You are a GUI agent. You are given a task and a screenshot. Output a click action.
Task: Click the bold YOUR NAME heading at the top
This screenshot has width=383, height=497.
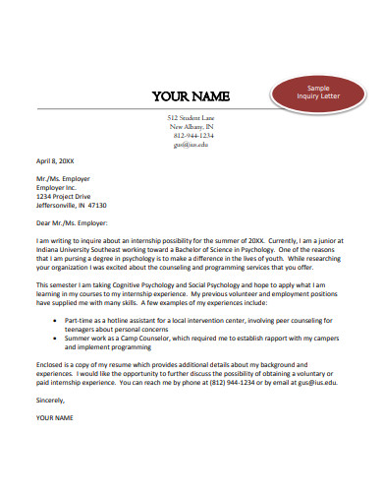tap(191, 96)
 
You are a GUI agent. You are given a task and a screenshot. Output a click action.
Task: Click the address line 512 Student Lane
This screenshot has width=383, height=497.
tap(191, 118)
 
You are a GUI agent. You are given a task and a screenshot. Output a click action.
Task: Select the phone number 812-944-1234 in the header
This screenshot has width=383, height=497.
tap(191, 136)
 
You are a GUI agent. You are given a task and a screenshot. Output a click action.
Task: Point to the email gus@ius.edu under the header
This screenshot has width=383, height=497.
tap(191, 145)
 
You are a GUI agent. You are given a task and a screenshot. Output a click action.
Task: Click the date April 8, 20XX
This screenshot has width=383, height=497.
tap(57, 159)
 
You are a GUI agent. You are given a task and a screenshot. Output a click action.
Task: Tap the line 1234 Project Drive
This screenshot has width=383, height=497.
tap(66, 196)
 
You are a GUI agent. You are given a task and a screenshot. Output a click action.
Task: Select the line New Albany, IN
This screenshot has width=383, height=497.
tap(191, 127)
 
